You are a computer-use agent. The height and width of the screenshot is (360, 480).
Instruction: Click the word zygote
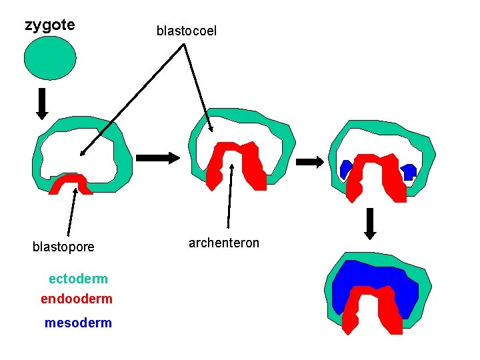click(x=50, y=25)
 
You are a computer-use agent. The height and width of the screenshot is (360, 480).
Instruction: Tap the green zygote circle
click(x=50, y=57)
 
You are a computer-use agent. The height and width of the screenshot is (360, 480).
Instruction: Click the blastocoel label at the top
click(x=187, y=31)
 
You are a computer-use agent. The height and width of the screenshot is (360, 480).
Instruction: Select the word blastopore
click(x=63, y=247)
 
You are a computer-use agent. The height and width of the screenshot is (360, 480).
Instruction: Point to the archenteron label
click(x=224, y=243)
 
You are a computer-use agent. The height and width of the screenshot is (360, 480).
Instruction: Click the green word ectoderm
click(x=78, y=279)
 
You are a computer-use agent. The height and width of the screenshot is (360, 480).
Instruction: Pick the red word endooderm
click(x=77, y=299)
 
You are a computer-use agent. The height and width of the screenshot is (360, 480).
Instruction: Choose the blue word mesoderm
click(x=78, y=323)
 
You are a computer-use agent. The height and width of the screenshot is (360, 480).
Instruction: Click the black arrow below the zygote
click(x=42, y=103)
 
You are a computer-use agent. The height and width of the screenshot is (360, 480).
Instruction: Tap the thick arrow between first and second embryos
click(x=157, y=158)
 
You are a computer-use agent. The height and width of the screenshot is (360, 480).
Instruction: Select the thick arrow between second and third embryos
click(x=309, y=161)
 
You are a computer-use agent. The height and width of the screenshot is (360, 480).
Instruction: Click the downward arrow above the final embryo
click(x=371, y=224)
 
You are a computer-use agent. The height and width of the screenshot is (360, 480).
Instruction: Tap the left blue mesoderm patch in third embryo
click(x=346, y=169)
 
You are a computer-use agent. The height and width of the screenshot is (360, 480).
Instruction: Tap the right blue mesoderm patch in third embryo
click(x=409, y=171)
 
